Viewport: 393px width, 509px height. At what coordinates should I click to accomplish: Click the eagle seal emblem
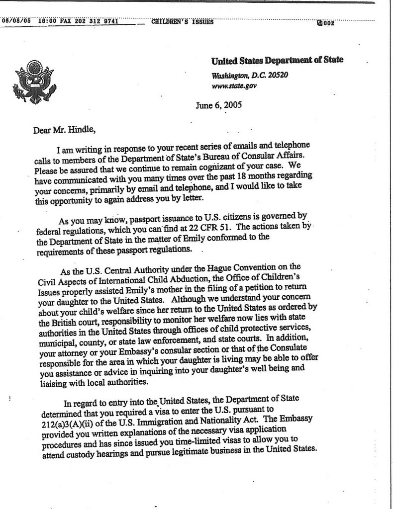(34, 82)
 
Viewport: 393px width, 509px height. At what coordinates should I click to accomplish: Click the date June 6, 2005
(219, 105)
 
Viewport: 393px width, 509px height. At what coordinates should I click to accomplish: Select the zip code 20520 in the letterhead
(277, 76)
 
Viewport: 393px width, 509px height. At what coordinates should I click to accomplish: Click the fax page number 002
(330, 23)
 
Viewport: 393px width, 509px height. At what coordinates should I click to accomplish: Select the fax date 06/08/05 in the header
(16, 21)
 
